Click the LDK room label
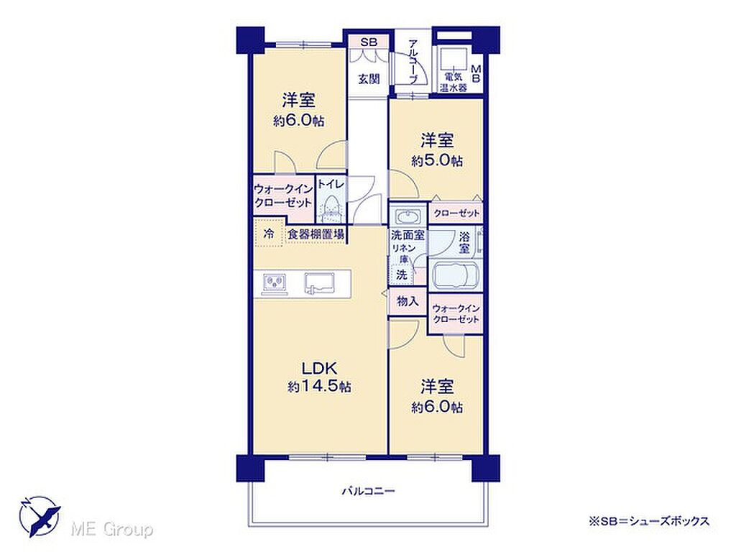319,367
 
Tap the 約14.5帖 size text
319,387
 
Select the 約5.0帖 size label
437,161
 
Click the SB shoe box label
369,42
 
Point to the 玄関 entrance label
369,79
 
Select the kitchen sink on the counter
320,282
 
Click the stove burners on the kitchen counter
272,282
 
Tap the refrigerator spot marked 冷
269,234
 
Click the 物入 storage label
408,301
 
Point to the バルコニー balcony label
368,492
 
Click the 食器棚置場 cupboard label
316,234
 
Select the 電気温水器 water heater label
453,82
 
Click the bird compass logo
40,516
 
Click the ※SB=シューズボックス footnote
649,520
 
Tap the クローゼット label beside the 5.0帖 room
456,213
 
